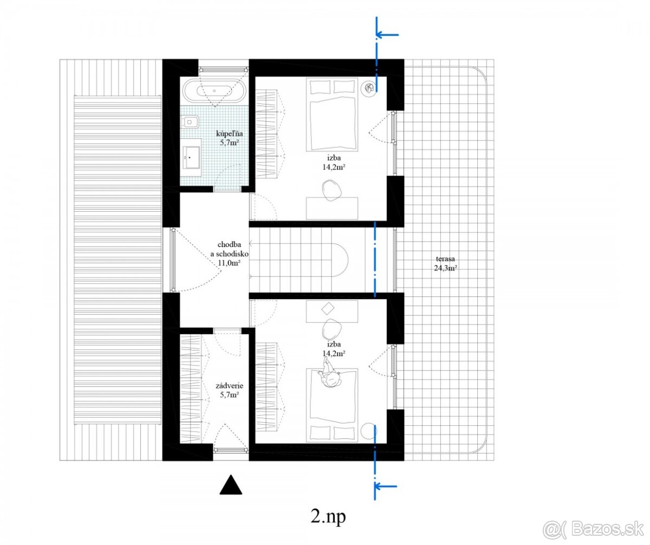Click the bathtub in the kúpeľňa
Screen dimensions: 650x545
pyautogui.click(x=214, y=90)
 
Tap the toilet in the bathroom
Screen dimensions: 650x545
pyautogui.click(x=191, y=122)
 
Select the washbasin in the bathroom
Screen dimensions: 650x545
pyautogui.click(x=191, y=158)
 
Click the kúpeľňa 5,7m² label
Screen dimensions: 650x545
pyautogui.click(x=230, y=138)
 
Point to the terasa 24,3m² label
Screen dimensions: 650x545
pyautogui.click(x=445, y=263)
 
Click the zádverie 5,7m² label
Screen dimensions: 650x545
pyautogui.click(x=230, y=391)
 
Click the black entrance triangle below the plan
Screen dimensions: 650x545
pyautogui.click(x=231, y=484)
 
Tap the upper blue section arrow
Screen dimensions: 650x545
pyautogui.click(x=387, y=35)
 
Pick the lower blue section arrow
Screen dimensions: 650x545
pyautogui.click(x=385, y=485)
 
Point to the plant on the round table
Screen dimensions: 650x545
pyautogui.click(x=369, y=88)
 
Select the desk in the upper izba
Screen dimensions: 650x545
pyautogui.click(x=332, y=208)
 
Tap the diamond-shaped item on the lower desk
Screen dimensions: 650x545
pyautogui.click(x=328, y=309)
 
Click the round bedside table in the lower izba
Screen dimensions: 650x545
pyautogui.click(x=369, y=431)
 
